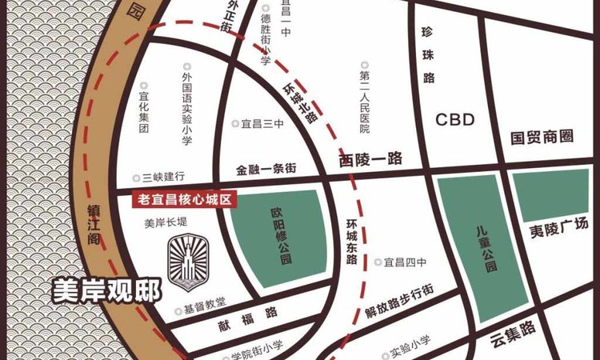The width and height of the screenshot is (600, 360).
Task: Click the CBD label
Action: pyautogui.click(x=455, y=120)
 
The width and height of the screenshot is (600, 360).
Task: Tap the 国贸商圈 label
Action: pyautogui.click(x=542, y=137)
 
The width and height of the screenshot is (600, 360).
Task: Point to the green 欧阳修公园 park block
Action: pyautogui.click(x=280, y=235)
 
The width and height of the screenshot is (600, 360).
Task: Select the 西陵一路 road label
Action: pyautogui.click(x=369, y=159)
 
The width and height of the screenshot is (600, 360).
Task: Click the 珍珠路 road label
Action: pyautogui.click(x=428, y=57)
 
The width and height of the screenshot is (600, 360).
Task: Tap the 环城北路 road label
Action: pyautogui.click(x=301, y=102)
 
